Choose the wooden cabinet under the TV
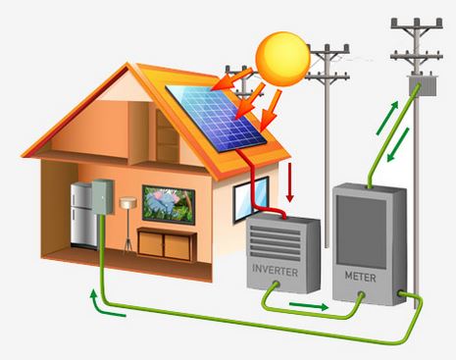pos(162,240)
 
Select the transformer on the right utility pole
pos(426,86)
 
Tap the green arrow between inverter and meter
pos(312,305)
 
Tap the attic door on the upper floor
pos(168,138)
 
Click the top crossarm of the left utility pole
pos(326,49)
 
